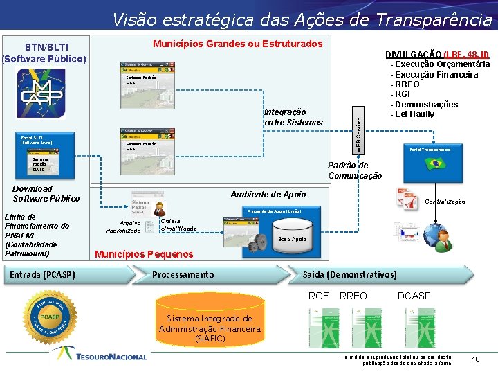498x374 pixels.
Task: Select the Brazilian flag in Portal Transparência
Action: click(436, 163)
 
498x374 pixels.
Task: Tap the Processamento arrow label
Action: click(183, 275)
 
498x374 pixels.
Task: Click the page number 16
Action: click(475, 359)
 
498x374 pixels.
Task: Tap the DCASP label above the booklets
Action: click(414, 296)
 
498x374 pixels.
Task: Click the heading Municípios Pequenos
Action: click(143, 254)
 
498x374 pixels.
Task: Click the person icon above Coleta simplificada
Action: click(160, 208)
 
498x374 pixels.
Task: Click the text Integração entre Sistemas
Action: click(293, 117)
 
